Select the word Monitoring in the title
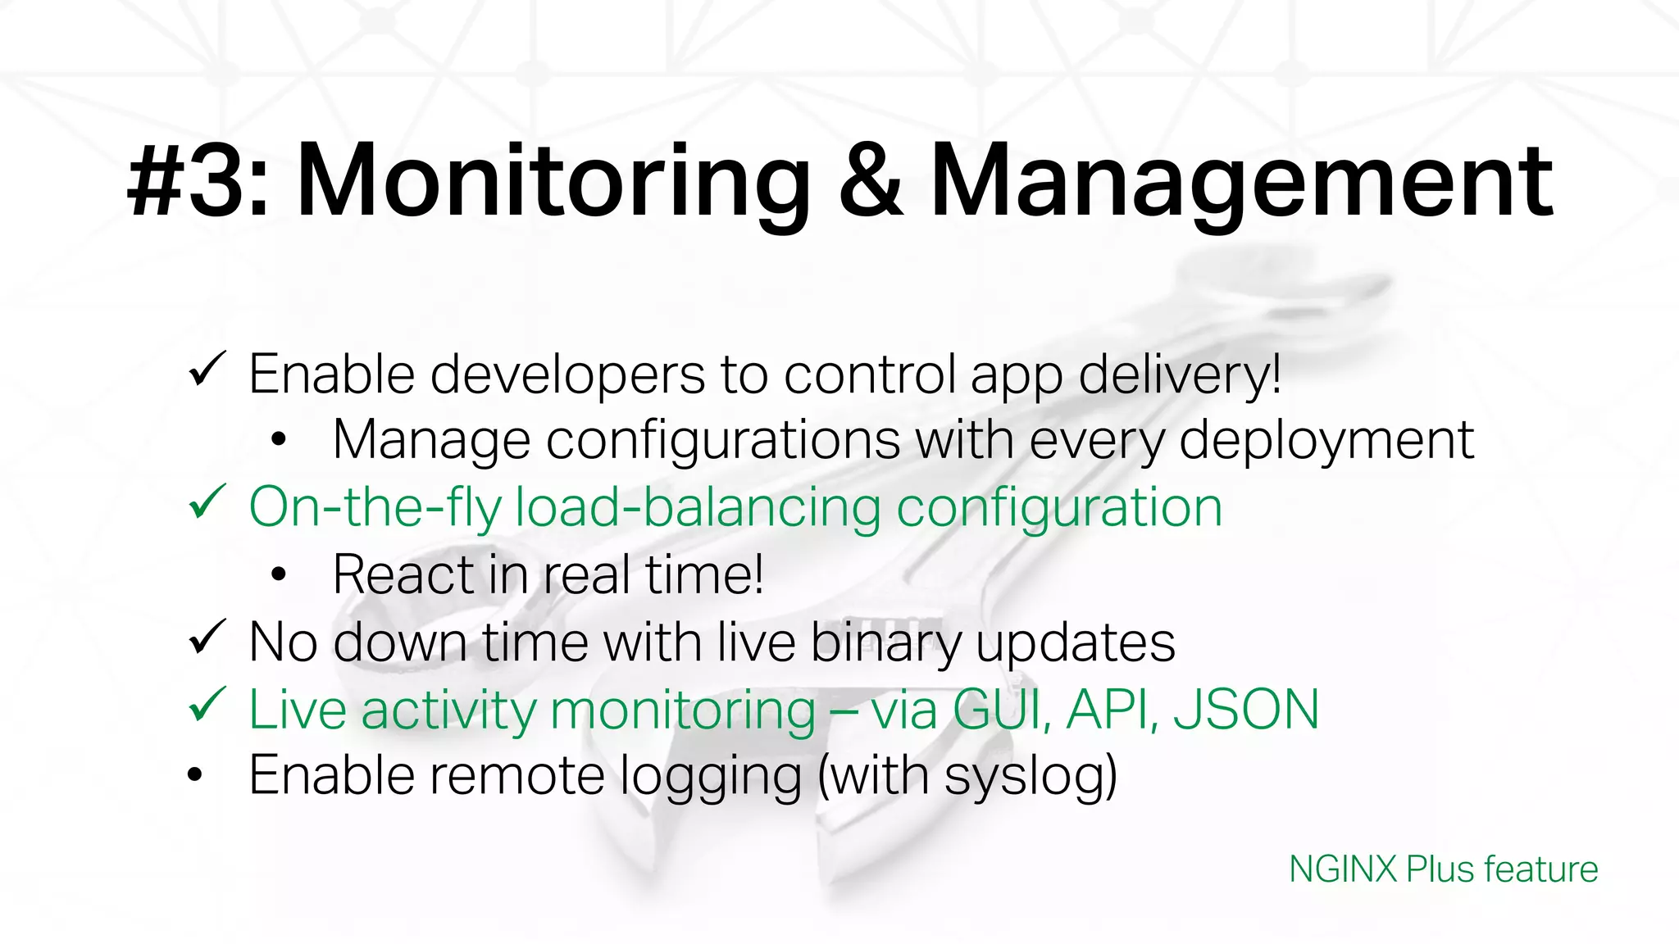(553, 182)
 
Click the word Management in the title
(1241, 182)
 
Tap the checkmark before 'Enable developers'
(207, 370)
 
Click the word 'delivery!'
(1180, 374)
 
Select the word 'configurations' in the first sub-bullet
(723, 441)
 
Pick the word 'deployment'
(1326, 441)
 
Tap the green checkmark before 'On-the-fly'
(207, 502)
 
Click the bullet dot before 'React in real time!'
(279, 575)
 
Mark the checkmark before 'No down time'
(207, 637)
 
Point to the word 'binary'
(886, 642)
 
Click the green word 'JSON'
(1246, 709)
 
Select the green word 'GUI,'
(1003, 709)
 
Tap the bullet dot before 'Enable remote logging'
(194, 774)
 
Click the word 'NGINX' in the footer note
(1342, 869)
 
